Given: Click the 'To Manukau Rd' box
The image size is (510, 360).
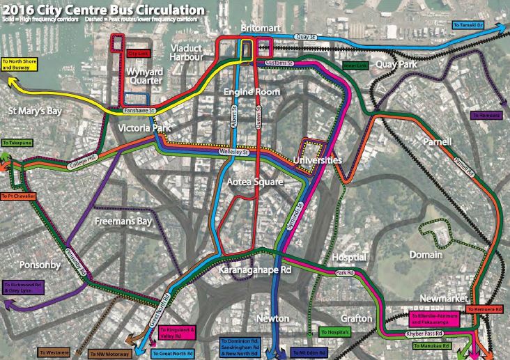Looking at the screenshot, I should pos(447,345).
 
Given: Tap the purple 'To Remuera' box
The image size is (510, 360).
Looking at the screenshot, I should pos(485,114).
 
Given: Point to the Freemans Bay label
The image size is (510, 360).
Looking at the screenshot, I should pos(120,221).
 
